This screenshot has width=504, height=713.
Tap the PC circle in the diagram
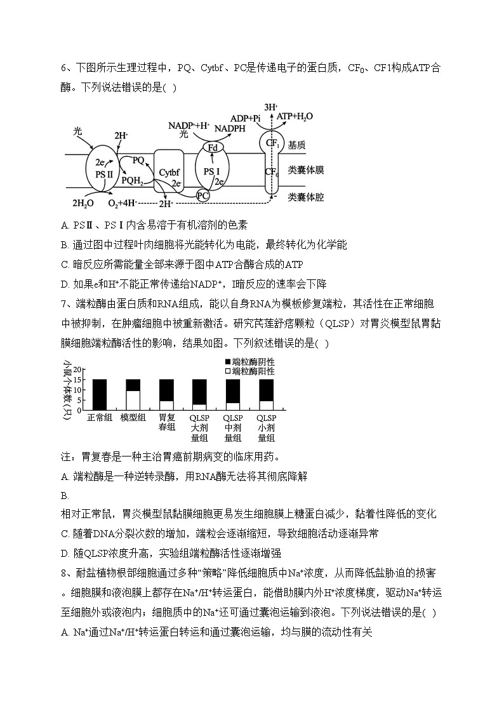coord(202,196)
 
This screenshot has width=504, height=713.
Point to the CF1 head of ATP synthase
coord(273,143)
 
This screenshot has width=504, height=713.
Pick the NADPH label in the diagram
coord(231,129)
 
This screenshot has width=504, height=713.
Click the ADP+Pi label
coord(246,118)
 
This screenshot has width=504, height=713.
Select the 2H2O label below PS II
coord(83,203)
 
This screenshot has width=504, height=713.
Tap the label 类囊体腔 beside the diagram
coord(305,197)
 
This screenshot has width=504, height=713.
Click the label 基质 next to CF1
coord(296,145)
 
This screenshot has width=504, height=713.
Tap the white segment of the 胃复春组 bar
coord(166,405)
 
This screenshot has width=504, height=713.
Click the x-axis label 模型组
coord(133,418)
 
